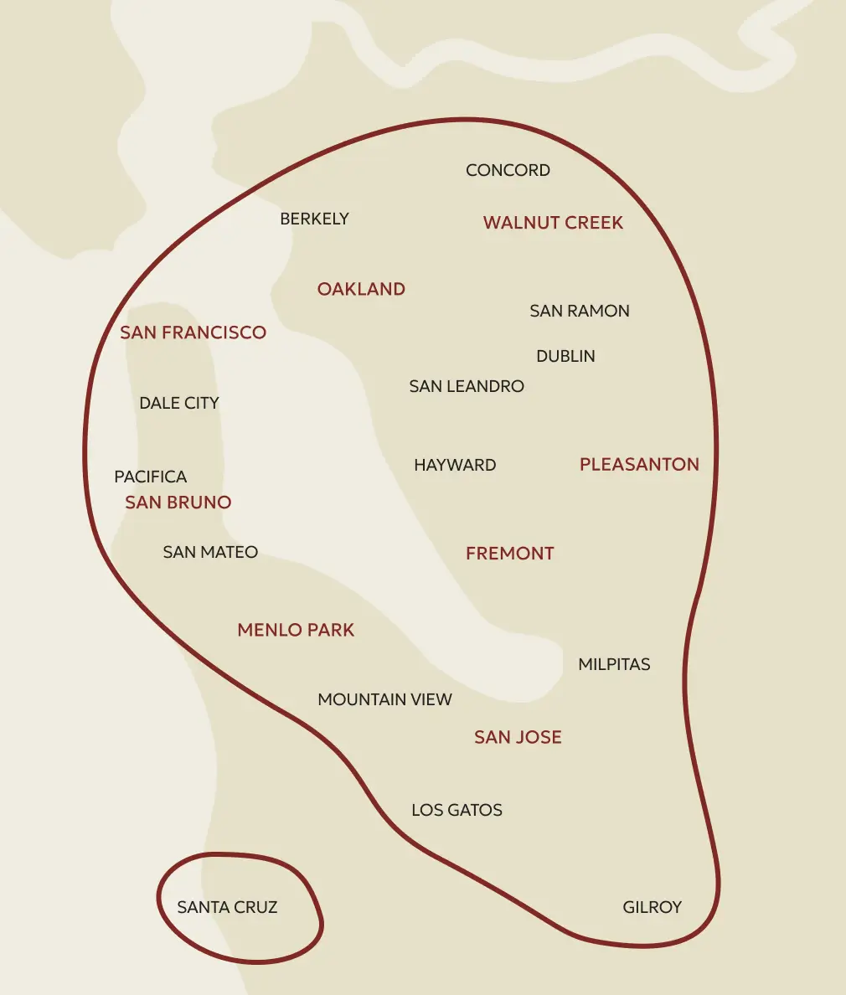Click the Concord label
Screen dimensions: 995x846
(508, 170)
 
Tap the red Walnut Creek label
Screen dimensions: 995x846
(553, 223)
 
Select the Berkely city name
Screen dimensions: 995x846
(314, 219)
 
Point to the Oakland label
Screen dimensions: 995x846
(361, 289)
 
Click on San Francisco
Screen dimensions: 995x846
(193, 333)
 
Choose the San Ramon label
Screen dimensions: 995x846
(579, 311)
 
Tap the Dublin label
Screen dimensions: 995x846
(565, 356)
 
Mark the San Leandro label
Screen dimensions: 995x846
(467, 386)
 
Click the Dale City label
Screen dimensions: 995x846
(178, 403)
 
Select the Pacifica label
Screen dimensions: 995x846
(150, 477)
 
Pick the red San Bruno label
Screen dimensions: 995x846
(178, 503)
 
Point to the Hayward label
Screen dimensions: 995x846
(455, 465)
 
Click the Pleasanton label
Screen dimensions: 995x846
(639, 465)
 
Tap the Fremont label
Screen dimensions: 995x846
(509, 554)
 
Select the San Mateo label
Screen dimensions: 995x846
(210, 552)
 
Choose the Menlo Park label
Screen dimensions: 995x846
(296, 630)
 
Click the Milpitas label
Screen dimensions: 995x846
(614, 664)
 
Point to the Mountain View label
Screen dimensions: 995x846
(384, 699)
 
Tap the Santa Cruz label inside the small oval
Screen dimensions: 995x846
(227, 907)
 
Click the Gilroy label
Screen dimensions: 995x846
(652, 907)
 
